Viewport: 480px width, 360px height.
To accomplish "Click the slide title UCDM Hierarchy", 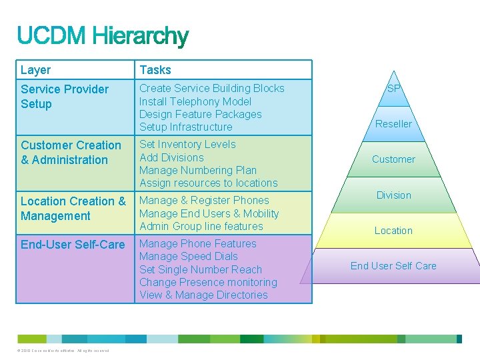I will tap(103, 37).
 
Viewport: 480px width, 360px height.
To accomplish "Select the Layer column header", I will tap(35, 70).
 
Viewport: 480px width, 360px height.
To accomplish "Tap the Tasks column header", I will tap(155, 70).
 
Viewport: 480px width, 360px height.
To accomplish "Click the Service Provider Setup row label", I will tap(64, 97).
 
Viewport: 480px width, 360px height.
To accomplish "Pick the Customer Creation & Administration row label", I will tap(71, 153).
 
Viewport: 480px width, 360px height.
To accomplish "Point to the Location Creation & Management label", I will tap(73, 209).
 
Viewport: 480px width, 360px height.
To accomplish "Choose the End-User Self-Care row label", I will tap(73, 245).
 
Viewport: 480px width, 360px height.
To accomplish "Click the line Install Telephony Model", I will tap(195, 101).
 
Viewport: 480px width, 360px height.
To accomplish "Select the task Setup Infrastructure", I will tap(185, 127).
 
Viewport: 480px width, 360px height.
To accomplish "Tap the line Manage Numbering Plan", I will tap(198, 170).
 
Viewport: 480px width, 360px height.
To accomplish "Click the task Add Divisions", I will tap(171, 157).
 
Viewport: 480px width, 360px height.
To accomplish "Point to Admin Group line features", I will tap(201, 226).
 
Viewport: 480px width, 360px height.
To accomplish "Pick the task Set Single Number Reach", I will tap(200, 269).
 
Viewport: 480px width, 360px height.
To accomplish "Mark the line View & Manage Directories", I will tap(203, 295).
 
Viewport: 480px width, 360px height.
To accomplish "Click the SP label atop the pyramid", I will tap(393, 88).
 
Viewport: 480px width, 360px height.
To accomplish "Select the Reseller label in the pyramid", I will tap(393, 124).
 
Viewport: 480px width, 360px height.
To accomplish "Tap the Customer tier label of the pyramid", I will tap(393, 159).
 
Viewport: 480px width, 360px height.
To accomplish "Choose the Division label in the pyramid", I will tap(393, 195).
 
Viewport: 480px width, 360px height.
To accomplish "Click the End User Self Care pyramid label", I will tap(393, 266).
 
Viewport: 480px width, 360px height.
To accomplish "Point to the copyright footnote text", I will tap(64, 351).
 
